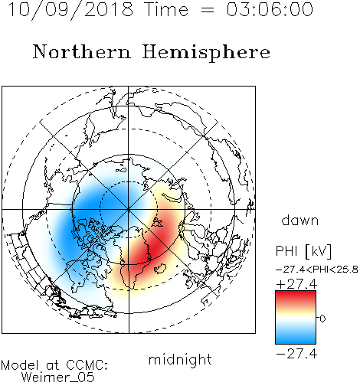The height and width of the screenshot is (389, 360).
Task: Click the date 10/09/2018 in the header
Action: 70,9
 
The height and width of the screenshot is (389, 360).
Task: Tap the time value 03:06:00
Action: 270,9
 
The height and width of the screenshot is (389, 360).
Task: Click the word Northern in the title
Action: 82,51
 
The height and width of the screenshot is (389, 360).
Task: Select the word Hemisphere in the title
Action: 206,52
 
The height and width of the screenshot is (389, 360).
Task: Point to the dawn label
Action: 300,220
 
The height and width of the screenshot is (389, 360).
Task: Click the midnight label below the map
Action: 180,359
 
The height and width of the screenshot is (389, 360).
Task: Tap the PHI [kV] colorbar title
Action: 303,251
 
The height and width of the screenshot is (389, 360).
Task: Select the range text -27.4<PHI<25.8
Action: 317,270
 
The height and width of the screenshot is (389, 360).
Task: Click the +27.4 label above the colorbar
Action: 296,284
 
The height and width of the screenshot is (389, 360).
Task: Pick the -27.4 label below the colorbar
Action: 296,354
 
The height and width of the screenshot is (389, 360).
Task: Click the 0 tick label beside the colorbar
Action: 322,319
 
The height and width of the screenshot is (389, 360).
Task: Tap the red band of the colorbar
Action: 296,297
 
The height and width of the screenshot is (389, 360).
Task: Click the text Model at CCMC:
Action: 54,365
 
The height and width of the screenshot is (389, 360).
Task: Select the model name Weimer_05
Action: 58,377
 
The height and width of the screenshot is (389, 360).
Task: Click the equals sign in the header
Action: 208,11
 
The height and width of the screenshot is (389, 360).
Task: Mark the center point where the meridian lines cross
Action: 129,209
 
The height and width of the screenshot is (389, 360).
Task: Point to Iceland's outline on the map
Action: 161,268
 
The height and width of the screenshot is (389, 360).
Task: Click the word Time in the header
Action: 166,9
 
